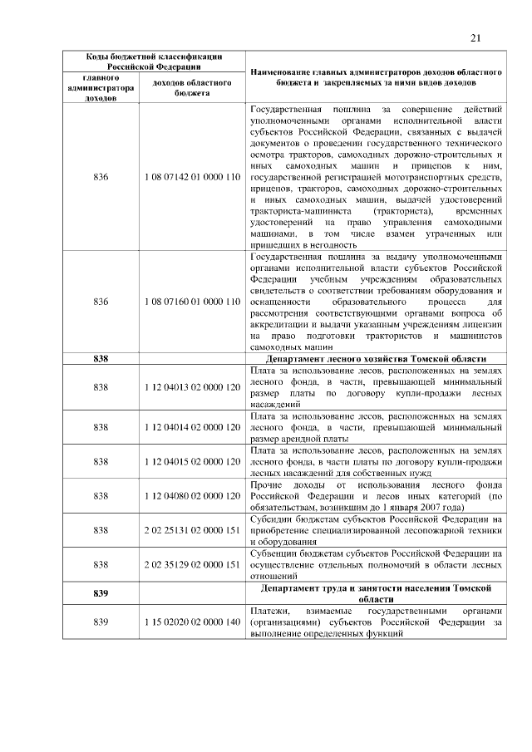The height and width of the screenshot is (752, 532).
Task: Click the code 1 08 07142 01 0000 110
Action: tap(192, 178)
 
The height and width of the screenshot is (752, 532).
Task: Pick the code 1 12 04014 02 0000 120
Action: tap(192, 427)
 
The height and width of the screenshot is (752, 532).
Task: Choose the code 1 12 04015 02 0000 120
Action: tap(192, 461)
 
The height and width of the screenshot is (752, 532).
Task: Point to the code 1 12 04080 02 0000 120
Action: tap(192, 495)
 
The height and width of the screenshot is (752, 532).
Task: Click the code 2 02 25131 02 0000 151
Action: tap(192, 529)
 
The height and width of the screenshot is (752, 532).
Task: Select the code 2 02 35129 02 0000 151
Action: tap(192, 563)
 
